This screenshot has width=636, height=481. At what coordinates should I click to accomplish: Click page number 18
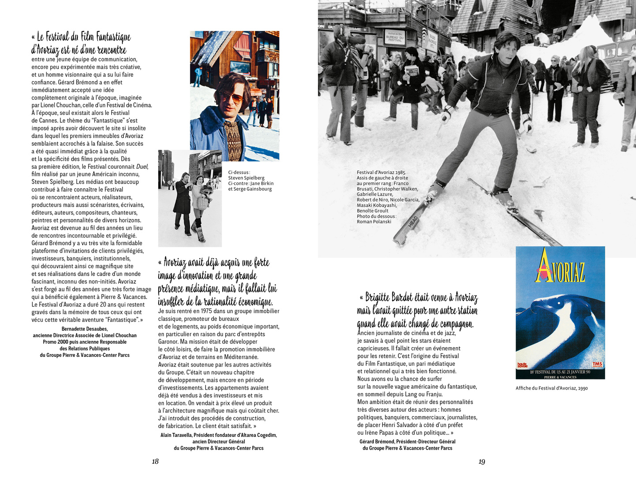pos(155,462)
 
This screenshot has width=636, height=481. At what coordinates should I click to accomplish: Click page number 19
pos(481,462)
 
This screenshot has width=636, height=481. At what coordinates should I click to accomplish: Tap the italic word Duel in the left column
pos(142,167)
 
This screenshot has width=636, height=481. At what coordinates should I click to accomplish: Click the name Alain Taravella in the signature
pos(176,435)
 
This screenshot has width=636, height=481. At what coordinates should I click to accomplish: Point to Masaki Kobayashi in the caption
pos(377,205)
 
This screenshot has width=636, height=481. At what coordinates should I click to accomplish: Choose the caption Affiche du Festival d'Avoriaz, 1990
pos(552,388)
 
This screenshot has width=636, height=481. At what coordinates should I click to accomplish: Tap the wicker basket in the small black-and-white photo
pos(201,203)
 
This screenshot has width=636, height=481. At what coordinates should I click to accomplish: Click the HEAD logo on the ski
pos(413,222)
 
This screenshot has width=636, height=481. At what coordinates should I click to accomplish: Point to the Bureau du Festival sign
pos(394,38)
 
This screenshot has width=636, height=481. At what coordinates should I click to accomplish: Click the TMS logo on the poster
pos(597,364)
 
